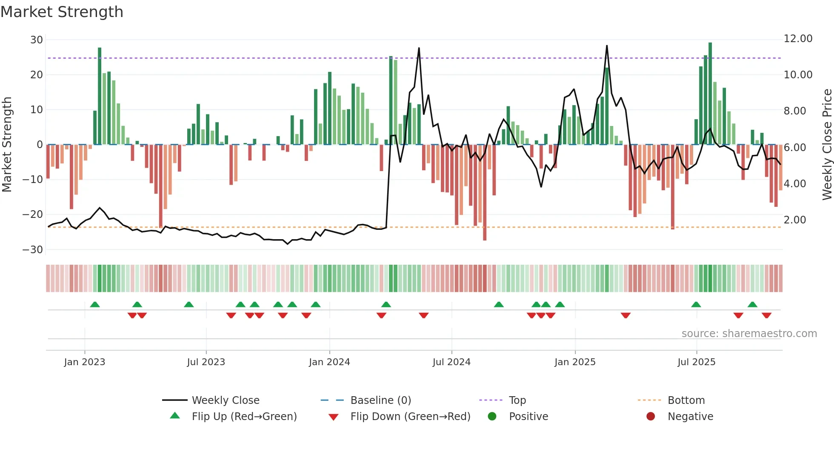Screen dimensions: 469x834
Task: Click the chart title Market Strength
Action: pos(62,12)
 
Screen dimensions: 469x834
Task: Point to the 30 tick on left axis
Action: pos(37,40)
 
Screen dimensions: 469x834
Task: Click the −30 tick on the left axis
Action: pos(33,250)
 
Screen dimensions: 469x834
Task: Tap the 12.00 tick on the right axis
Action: pos(798,39)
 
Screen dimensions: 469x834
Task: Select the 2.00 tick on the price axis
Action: pos(794,220)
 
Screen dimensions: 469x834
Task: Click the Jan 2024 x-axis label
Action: pos(329,362)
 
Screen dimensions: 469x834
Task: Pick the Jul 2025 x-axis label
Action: pos(696,362)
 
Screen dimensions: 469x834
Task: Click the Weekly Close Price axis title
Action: pos(827,145)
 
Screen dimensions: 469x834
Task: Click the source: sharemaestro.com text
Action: pos(749,334)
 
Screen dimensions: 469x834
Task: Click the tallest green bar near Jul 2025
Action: pos(710,94)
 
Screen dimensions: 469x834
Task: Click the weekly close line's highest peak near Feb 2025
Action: pos(607,46)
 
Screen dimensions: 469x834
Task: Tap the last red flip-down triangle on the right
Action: pos(766,315)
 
